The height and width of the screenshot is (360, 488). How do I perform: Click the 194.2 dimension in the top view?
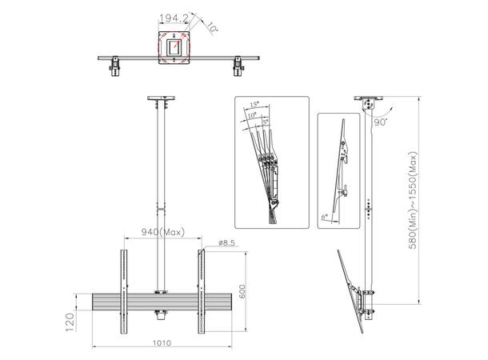coord(174,18)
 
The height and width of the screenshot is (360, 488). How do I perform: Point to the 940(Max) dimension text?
coord(162,232)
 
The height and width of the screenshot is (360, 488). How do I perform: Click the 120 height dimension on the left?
coord(70,322)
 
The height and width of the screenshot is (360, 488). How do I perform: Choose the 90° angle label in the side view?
coord(380,123)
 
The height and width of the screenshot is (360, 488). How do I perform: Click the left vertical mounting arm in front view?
coord(124,291)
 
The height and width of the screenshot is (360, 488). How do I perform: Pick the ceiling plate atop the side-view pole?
coord(368,102)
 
